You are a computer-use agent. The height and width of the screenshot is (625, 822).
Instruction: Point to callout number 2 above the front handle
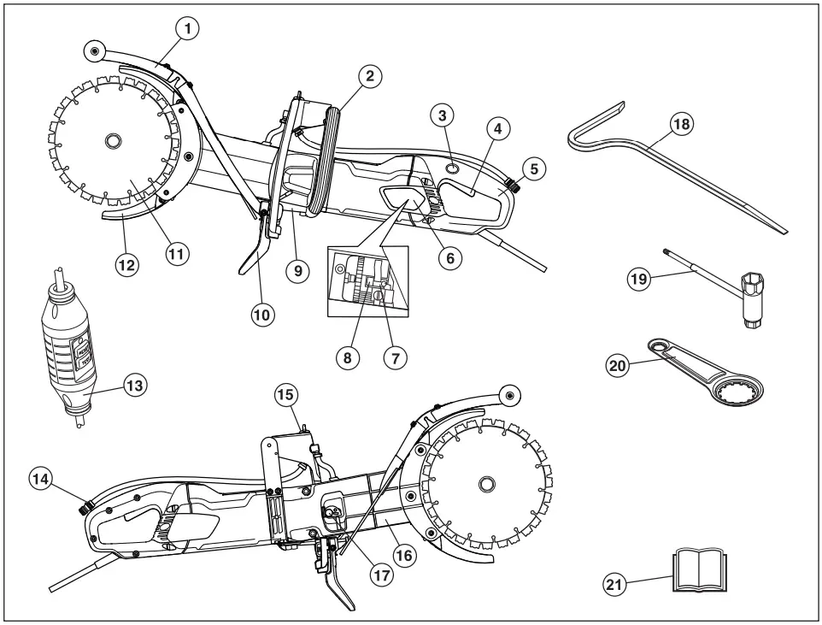(x=368, y=75)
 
